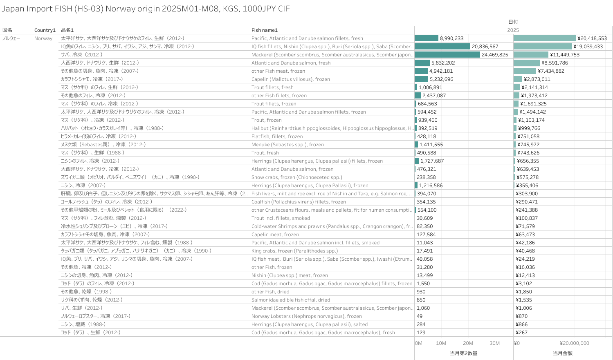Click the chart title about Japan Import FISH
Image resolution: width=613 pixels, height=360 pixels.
146,9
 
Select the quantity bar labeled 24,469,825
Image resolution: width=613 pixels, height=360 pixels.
447,55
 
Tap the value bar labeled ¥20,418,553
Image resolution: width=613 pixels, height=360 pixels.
544,38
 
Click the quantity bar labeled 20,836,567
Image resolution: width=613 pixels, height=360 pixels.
442,47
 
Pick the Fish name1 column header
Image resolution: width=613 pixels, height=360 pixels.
264,30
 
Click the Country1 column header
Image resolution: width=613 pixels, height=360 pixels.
45,30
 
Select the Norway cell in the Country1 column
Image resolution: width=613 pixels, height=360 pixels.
43,38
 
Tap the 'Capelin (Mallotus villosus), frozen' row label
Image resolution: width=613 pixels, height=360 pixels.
290,79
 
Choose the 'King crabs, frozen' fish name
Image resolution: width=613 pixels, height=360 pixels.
294,251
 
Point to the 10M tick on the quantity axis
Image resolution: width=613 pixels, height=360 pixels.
441,343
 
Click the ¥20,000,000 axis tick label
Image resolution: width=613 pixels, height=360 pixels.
574,343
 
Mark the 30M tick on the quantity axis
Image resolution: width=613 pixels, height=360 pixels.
494,343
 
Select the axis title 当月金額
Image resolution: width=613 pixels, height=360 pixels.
562,353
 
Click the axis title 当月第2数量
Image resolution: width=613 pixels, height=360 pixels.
463,353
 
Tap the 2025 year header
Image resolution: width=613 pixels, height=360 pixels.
513,30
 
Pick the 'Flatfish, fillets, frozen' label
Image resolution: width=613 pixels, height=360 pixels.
277,136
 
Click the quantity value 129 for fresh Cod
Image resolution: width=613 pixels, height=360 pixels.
421,333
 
